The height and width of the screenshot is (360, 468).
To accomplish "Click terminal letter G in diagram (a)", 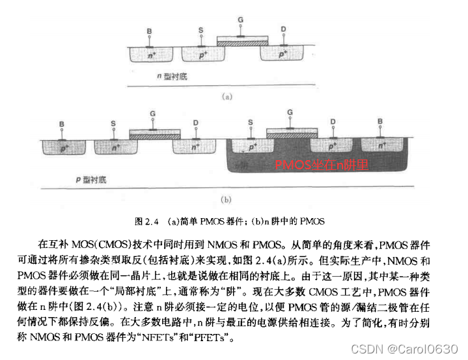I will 240,21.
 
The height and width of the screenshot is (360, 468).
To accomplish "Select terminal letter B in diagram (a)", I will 149,31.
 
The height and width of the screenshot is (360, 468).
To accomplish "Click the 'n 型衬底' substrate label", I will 172,76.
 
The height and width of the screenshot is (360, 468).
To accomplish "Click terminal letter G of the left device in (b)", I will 152,115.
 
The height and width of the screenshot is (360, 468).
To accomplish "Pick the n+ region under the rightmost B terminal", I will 381,148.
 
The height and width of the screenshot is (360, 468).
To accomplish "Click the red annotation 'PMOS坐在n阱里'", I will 322,165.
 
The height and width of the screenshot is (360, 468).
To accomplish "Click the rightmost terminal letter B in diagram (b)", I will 381,121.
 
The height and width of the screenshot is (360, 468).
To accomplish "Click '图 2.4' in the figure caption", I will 144,220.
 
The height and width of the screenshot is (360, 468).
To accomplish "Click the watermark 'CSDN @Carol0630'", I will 413,350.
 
